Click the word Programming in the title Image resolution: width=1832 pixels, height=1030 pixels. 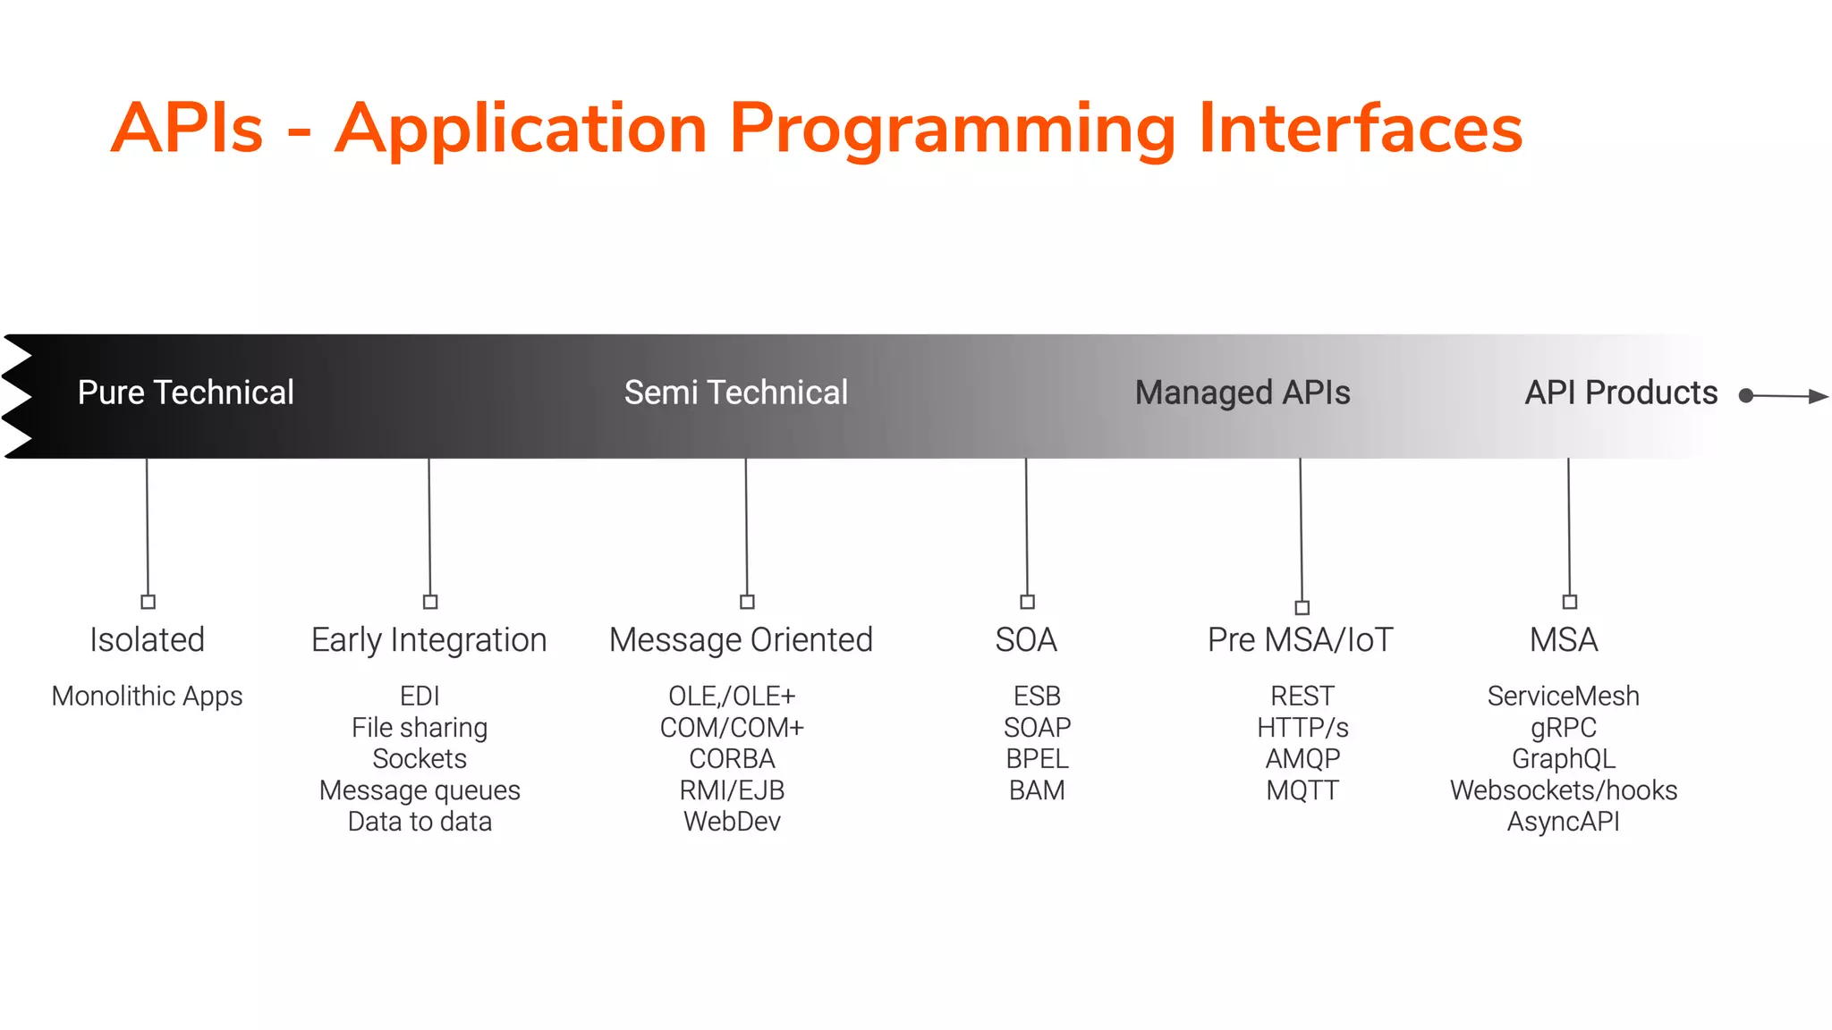click(x=952, y=130)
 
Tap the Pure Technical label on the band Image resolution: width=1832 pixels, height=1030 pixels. click(x=185, y=393)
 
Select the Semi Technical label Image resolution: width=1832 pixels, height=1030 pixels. click(x=735, y=393)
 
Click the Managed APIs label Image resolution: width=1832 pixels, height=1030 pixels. click(x=1242, y=393)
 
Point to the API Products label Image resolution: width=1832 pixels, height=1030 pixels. click(x=1620, y=393)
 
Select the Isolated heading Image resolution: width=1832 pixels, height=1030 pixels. click(x=147, y=640)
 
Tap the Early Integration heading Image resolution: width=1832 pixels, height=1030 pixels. click(x=428, y=640)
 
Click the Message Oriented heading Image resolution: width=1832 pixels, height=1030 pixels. click(x=741, y=640)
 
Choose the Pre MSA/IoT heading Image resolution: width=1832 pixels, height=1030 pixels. click(x=1300, y=640)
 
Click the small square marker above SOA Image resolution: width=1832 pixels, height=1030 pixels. click(x=1027, y=602)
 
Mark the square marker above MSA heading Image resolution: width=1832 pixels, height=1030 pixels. click(x=1569, y=602)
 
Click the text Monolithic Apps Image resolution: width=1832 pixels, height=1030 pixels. click(x=147, y=696)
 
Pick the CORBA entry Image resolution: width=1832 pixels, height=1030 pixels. click(x=732, y=759)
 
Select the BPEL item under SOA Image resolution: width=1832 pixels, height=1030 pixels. click(x=1037, y=759)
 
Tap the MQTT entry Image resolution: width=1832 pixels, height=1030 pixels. click(x=1302, y=790)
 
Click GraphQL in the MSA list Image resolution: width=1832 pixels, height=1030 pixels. click(x=1563, y=759)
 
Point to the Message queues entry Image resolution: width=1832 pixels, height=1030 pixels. click(x=420, y=790)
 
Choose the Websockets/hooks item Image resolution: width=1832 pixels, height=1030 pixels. click(x=1563, y=790)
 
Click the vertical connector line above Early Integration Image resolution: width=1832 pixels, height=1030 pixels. click(x=429, y=528)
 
